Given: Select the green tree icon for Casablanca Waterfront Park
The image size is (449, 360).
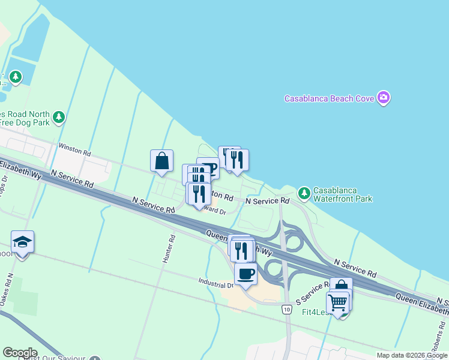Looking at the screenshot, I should tap(304, 193).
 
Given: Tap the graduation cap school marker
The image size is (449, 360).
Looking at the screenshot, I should tap(22, 242).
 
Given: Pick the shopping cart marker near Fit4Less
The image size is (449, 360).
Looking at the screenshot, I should tap(338, 302).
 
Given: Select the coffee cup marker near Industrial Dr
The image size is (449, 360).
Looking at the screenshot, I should tap(246, 274).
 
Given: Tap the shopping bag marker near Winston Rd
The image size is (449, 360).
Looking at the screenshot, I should tap(161, 161).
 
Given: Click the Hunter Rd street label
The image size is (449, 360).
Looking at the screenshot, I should tap(172, 246).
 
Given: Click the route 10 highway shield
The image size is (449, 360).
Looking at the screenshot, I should tap(288, 309).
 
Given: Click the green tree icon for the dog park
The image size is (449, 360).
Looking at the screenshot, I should tap(58, 117).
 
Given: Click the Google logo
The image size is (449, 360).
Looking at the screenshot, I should tap(20, 353).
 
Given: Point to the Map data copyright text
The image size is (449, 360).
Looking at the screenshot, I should tap(412, 355).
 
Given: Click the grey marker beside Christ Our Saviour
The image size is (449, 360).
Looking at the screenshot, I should tap(95, 358).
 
